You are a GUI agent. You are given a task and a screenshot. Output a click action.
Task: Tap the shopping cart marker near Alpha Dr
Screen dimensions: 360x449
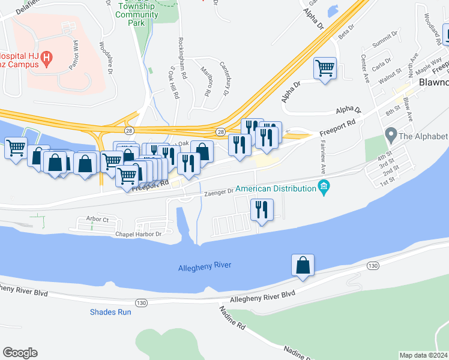325,68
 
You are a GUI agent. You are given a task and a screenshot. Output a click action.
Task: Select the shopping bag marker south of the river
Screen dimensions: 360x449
303,265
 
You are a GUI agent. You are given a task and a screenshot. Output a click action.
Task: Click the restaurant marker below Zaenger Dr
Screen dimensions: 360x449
261,209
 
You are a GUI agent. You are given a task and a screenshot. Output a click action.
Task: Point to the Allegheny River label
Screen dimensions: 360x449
205,266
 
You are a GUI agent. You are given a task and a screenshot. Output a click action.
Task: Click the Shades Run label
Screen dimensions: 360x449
110,312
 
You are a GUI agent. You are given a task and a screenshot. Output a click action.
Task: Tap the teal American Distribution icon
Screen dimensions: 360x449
325,188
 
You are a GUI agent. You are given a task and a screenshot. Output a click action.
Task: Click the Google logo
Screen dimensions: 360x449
20,353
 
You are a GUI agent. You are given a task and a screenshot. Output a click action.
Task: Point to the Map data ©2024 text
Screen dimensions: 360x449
423,355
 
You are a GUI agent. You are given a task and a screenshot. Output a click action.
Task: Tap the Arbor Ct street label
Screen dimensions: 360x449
97,219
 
